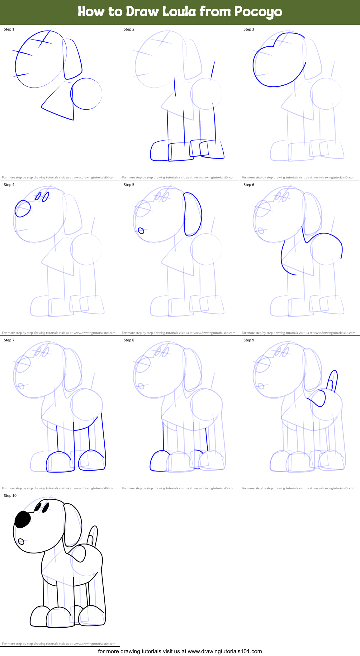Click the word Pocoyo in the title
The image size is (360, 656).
(258, 12)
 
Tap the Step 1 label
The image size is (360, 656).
(9, 29)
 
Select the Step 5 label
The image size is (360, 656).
(129, 185)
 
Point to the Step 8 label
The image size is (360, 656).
(129, 340)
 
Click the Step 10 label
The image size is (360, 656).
(10, 496)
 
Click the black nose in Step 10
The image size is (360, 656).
(22, 520)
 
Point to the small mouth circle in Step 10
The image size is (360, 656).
(21, 541)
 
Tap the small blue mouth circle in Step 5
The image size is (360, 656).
(141, 231)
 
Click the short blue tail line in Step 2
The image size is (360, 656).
(213, 71)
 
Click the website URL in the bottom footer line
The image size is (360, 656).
(225, 651)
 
